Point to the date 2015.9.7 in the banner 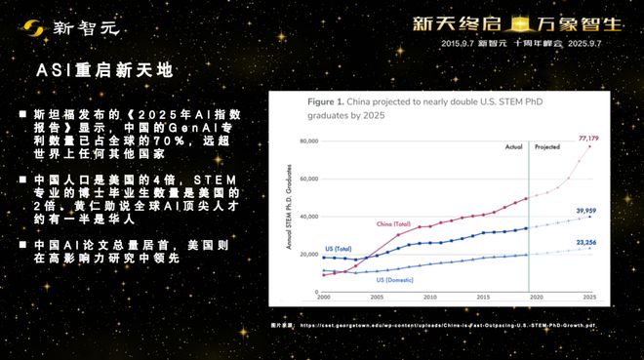click(x=462, y=44)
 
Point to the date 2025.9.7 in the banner click(x=604, y=44)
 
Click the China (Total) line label click(x=397, y=223)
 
